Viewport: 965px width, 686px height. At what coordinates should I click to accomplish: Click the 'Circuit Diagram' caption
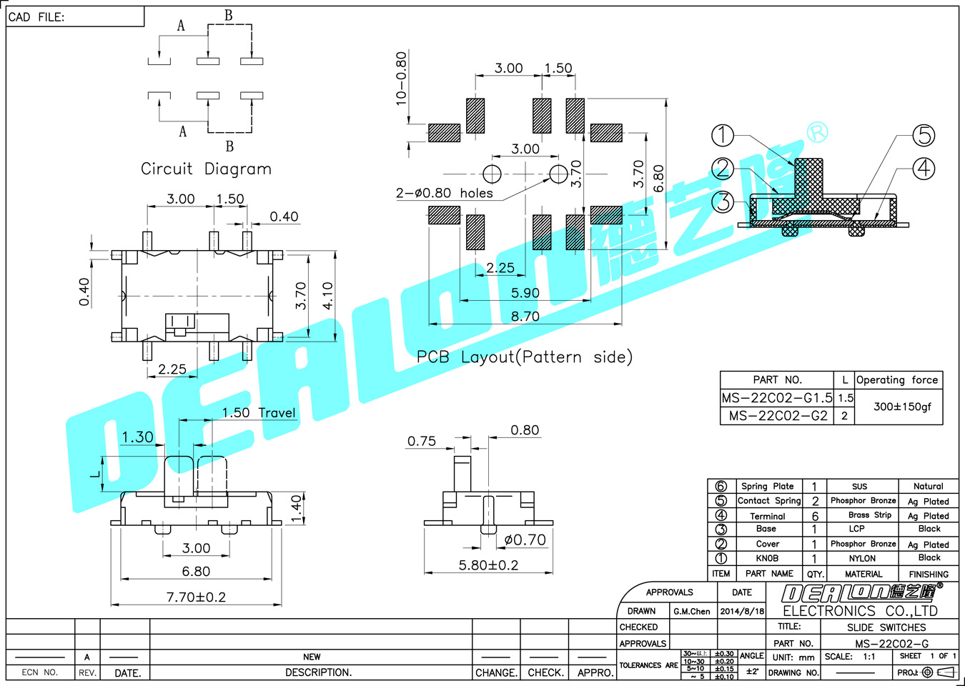[206, 169]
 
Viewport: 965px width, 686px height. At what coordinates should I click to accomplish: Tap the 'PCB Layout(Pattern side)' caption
[524, 357]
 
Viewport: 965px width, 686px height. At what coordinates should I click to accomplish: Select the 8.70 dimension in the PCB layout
[525, 317]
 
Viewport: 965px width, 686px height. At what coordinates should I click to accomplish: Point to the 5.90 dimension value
[525, 293]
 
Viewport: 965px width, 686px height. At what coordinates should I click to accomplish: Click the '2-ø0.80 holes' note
[444, 193]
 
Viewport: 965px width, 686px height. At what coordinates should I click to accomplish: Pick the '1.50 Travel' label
[258, 412]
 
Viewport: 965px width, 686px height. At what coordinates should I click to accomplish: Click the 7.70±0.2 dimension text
[196, 597]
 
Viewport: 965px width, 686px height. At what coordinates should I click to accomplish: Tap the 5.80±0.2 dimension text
[488, 565]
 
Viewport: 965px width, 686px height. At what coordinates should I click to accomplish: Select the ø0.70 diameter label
[525, 540]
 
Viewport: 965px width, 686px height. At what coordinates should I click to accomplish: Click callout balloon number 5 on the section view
[924, 135]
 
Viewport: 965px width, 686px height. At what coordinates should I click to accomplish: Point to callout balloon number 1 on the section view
[723, 135]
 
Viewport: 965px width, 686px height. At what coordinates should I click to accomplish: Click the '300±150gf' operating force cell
[902, 407]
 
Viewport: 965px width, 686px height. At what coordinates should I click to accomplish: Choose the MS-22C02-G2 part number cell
[778, 416]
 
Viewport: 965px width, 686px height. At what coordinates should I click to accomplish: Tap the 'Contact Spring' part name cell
[769, 501]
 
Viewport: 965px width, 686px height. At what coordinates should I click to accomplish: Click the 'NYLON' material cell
[862, 559]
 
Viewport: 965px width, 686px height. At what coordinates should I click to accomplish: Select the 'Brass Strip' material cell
[869, 515]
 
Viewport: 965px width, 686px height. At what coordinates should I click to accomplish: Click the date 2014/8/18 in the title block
[742, 612]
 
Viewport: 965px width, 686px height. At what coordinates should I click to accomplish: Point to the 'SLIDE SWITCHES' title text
[886, 627]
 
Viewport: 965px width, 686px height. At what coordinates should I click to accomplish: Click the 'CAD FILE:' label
[36, 17]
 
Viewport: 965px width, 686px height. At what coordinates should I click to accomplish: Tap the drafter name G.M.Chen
[691, 612]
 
